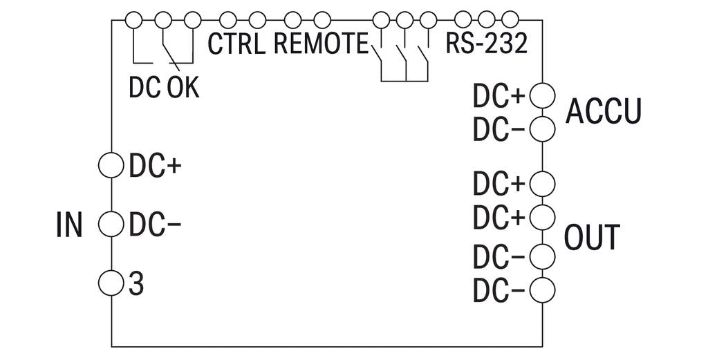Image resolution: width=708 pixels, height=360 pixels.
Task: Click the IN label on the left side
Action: click(68, 225)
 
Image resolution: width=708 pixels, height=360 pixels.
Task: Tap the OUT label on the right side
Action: click(592, 237)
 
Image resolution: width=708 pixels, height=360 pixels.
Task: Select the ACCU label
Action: click(604, 111)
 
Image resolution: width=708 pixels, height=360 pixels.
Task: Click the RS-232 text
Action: click(486, 44)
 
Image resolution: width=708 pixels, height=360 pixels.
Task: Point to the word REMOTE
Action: click(321, 44)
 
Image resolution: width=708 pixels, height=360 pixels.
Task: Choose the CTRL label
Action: click(236, 44)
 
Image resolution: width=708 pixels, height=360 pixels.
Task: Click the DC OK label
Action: click(164, 88)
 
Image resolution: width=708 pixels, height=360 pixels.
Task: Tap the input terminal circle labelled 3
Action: click(111, 282)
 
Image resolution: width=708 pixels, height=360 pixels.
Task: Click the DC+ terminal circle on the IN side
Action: click(111, 166)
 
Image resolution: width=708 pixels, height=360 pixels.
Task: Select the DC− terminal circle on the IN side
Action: click(111, 224)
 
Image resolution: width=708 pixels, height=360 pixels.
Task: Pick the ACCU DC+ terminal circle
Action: click(542, 96)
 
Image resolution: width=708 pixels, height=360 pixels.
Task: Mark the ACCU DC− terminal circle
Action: click(542, 128)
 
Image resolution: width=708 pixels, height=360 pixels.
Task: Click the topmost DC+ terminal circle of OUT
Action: click(542, 184)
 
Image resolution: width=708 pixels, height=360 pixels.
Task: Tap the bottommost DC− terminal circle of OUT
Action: click(542, 290)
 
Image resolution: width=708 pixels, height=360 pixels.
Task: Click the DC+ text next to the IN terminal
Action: click(154, 167)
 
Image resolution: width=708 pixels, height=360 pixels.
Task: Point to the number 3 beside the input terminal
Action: click(136, 283)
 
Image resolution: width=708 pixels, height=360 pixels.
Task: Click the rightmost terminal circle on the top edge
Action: click(510, 19)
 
